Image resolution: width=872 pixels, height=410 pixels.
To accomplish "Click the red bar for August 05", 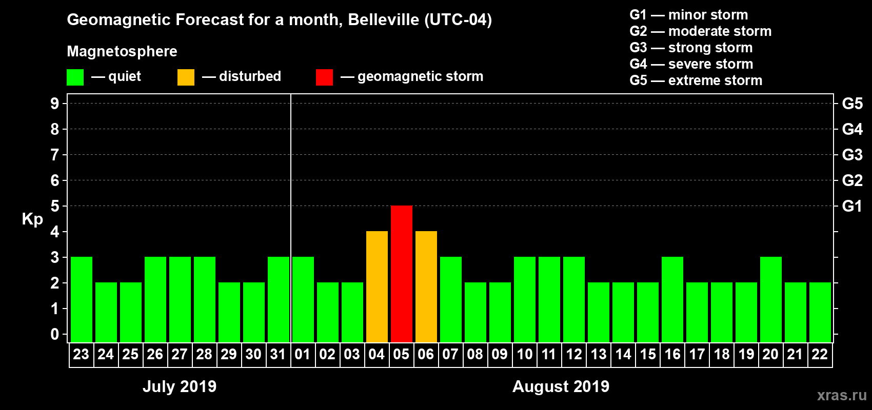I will click(401, 274).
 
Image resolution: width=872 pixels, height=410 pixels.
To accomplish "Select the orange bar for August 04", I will click(376, 286).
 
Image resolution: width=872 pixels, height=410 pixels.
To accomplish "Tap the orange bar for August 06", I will click(426, 286).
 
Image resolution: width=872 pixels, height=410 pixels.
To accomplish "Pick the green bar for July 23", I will click(81, 299).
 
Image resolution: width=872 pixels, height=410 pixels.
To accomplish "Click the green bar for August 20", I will click(770, 299).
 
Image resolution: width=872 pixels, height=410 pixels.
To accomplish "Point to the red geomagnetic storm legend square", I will click(324, 77).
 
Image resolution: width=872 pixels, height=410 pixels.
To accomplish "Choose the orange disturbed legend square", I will click(186, 77).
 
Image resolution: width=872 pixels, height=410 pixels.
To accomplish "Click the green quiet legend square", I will click(75, 77).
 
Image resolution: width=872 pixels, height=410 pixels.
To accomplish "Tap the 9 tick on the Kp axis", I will click(55, 104).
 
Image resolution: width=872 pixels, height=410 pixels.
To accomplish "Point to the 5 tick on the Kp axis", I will click(55, 206).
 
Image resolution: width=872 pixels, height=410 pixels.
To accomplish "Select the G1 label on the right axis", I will click(852, 206).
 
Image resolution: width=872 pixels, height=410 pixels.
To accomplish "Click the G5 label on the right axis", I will click(852, 104).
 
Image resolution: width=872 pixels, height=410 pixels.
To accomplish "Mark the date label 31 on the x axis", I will click(278, 355).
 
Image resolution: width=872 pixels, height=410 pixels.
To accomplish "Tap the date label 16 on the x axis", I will click(672, 355).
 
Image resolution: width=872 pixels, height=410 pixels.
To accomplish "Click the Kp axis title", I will click(32, 219).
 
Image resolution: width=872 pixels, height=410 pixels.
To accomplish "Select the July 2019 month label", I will click(180, 386).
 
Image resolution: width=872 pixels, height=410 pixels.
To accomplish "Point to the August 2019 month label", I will click(561, 386).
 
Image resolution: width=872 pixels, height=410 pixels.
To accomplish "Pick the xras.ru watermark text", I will click(842, 395).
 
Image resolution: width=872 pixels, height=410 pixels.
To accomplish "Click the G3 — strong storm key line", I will click(691, 48).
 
